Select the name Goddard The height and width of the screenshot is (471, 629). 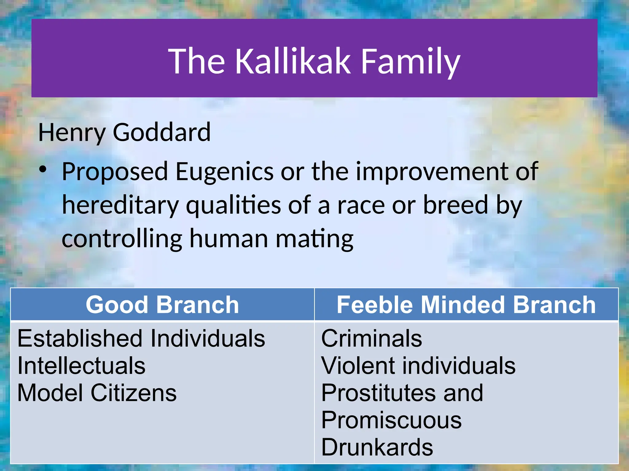pos(162,132)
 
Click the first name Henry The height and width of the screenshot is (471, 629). pos(72,133)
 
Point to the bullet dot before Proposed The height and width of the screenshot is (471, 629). pos(43,170)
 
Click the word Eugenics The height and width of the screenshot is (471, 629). pos(224,172)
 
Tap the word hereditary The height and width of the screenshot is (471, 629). pos(120,205)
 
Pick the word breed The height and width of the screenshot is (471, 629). pos(455,205)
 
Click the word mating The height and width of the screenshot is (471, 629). pos(314,239)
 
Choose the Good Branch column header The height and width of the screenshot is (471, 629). pos(162,305)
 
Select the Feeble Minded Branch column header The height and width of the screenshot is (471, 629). pos(466,305)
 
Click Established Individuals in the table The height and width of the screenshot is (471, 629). pos(141,338)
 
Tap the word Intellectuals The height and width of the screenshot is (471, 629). pos(81,366)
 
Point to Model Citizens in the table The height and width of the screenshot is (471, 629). pos(97,393)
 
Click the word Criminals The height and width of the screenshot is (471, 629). pos(372,338)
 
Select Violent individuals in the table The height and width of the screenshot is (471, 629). pos(418,366)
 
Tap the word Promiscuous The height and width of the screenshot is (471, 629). pos(391,420)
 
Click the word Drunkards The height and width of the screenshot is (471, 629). pos(377,447)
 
